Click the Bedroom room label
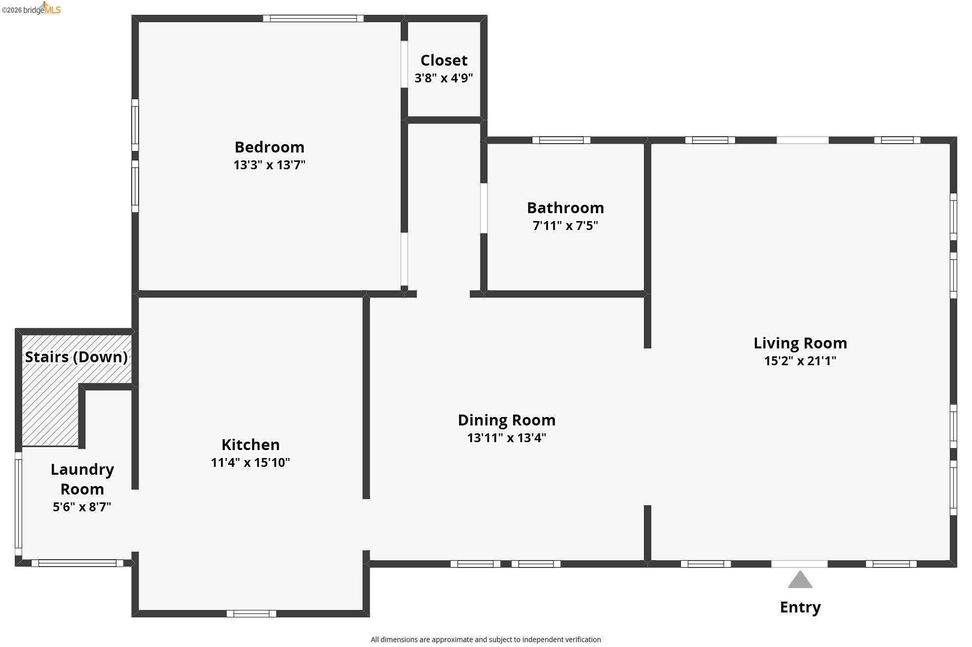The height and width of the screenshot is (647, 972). coord(269,147)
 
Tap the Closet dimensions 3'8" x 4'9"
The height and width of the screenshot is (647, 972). coord(444,78)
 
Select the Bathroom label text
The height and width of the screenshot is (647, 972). coord(565,208)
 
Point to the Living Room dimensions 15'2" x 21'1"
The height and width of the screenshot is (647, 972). coord(800,361)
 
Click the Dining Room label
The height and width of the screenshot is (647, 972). coord(507,420)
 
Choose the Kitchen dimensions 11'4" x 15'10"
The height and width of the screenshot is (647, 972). coord(250,462)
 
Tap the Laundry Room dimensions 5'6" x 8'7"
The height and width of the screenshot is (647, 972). coord(82,507)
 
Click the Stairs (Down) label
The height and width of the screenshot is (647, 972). coord(76,357)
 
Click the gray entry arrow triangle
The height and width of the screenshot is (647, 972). coord(800,580)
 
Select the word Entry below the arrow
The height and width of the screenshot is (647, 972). coord(800,607)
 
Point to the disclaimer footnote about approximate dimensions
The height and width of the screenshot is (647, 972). coord(486,640)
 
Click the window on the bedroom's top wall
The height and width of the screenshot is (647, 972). coord(313,19)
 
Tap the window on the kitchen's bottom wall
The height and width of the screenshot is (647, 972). coord(251,613)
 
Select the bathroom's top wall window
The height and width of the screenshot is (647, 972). coord(561,140)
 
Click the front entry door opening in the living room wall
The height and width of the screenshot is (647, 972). coord(799,564)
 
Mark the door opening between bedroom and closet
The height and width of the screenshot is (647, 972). coord(404,64)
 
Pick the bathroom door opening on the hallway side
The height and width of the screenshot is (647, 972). coord(484,208)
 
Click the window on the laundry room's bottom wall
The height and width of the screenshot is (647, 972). coord(77,563)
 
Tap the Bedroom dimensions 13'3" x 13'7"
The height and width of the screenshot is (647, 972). coord(269,165)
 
